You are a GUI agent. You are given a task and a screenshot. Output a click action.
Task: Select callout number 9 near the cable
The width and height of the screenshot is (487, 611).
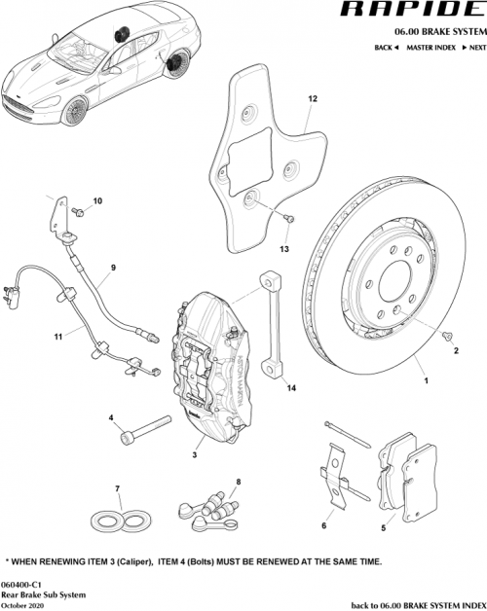tap(113, 269)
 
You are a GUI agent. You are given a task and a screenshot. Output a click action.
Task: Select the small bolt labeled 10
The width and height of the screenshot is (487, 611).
tap(77, 210)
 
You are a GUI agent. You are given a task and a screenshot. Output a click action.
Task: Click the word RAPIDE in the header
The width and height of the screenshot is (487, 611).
tap(422, 13)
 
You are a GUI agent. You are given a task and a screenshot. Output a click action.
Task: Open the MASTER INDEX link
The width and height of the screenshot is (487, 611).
tap(431, 48)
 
